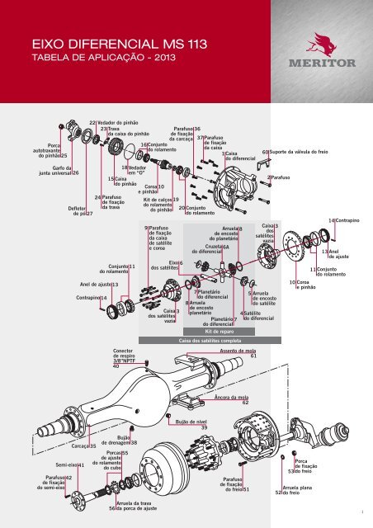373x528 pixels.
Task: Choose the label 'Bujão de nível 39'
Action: point(192,424)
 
